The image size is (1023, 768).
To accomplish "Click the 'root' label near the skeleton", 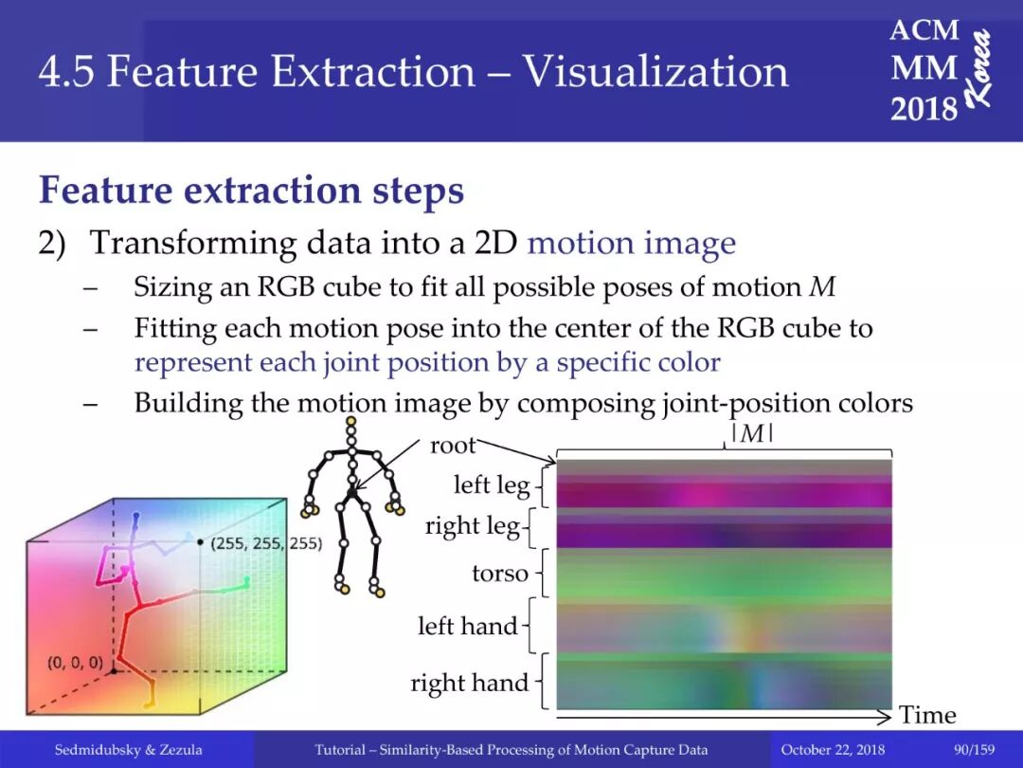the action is click(x=453, y=446).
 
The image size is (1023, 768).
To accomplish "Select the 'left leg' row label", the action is click(x=492, y=485).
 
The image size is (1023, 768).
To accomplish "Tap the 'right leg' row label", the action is click(x=473, y=525).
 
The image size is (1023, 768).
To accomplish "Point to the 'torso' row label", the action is click(x=500, y=574).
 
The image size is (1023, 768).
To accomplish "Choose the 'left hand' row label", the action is click(x=468, y=626).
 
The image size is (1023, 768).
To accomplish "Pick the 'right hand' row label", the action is click(x=469, y=683).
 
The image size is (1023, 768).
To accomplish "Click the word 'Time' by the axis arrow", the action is click(x=927, y=715).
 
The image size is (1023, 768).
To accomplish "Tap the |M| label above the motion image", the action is click(x=752, y=433).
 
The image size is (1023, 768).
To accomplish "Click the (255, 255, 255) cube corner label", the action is click(x=266, y=543).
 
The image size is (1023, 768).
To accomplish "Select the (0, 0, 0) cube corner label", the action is click(x=75, y=663).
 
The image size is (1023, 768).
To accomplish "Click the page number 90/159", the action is click(x=974, y=750).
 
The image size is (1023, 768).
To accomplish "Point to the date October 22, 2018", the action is click(x=833, y=750).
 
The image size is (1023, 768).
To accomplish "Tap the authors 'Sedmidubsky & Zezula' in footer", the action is click(x=128, y=750).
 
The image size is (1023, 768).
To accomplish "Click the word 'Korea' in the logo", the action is click(x=980, y=68).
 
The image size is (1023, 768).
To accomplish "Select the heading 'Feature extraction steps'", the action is click(x=252, y=190).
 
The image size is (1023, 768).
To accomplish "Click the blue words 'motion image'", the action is click(x=632, y=244).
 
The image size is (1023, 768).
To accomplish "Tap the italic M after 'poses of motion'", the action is click(x=822, y=286).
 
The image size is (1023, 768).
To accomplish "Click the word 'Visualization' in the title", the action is click(x=655, y=70).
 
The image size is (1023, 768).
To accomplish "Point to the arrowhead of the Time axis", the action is click(x=885, y=717).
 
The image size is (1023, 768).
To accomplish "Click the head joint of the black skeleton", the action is click(x=351, y=422).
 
